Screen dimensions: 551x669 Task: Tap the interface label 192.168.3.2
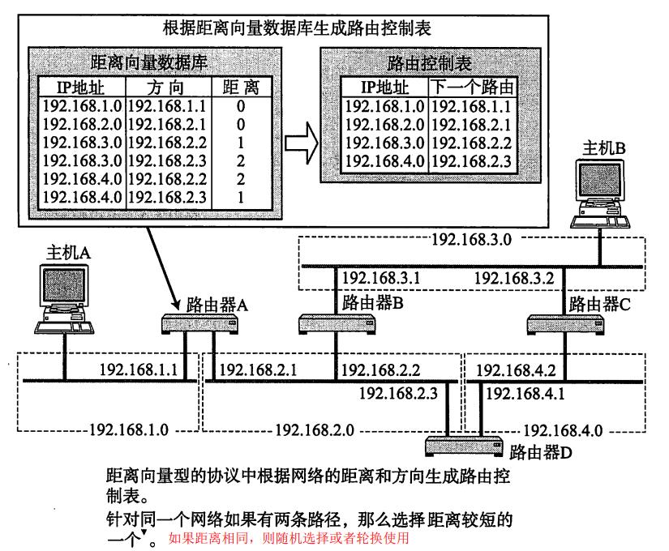pyautogui.click(x=512, y=278)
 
